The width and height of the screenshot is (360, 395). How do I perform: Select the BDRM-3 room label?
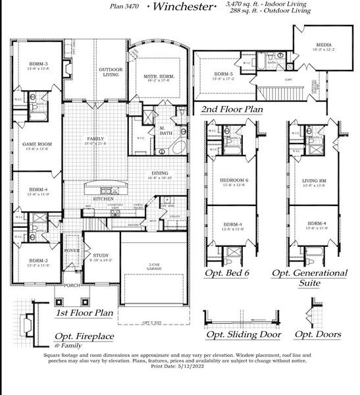pos(32,63)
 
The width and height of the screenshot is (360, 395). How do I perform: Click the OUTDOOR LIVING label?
pos(110,72)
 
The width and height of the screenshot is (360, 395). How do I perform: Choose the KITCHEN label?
pos(103,199)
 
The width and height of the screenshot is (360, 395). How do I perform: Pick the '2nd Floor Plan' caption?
pos(232,109)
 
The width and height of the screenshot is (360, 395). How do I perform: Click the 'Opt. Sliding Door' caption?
pos(244,334)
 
